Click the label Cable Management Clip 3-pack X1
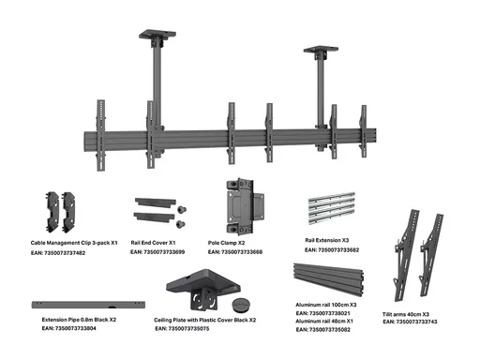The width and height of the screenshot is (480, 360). tap(74, 243)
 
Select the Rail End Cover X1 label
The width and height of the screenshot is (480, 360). tap(153, 243)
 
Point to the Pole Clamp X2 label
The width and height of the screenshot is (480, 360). tap(226, 243)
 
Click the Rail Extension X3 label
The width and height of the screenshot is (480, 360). tap(326, 240)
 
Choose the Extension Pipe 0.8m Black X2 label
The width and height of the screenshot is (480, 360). tap(79, 320)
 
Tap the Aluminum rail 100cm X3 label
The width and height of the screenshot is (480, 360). tap(326, 305)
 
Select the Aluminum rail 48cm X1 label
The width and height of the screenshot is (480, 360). tap(324, 321)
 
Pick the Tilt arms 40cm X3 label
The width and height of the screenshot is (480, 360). tap(406, 314)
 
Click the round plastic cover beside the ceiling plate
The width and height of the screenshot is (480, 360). tap(242, 304)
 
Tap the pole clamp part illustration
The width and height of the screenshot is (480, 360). tap(245, 207)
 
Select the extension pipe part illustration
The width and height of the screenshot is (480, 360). tap(88, 305)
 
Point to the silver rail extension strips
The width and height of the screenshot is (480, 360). tap(332, 208)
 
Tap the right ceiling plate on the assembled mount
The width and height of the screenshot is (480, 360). tap(321, 49)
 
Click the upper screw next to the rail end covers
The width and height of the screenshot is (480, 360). tap(182, 210)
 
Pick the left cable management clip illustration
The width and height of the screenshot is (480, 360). tap(52, 212)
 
